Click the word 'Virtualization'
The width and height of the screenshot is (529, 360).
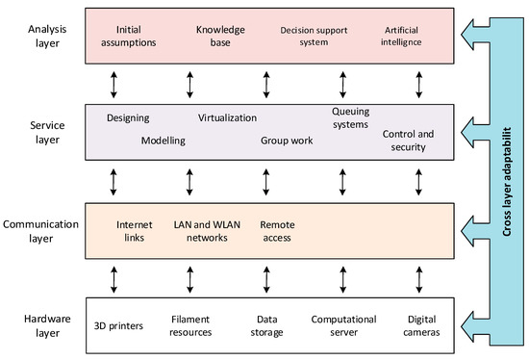point(227,118)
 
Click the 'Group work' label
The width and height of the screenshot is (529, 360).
point(287,141)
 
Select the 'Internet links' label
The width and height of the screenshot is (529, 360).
point(135,231)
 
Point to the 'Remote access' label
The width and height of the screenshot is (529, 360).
point(277,231)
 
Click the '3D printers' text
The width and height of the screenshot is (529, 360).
point(118,325)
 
